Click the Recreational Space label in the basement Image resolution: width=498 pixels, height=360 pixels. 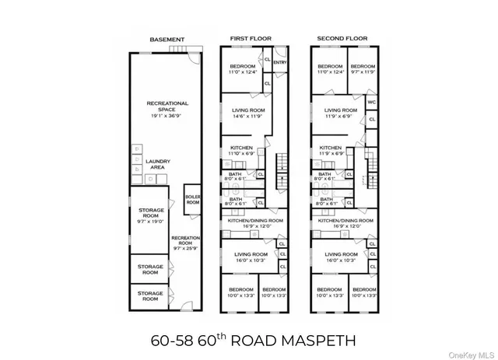[x=165, y=107]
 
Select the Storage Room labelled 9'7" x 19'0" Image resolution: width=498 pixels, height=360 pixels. [x=151, y=215]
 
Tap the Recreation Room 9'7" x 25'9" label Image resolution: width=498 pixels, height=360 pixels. [x=186, y=242]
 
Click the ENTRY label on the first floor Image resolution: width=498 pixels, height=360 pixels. [x=280, y=63]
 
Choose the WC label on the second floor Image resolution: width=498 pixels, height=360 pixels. [x=372, y=101]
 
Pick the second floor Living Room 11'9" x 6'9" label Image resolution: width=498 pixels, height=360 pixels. [x=341, y=114]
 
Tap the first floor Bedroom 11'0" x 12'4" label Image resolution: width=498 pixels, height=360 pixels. [x=244, y=69]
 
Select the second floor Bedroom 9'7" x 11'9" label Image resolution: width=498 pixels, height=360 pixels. [x=363, y=69]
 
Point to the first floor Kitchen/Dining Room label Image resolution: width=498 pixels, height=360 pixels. [x=254, y=223]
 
